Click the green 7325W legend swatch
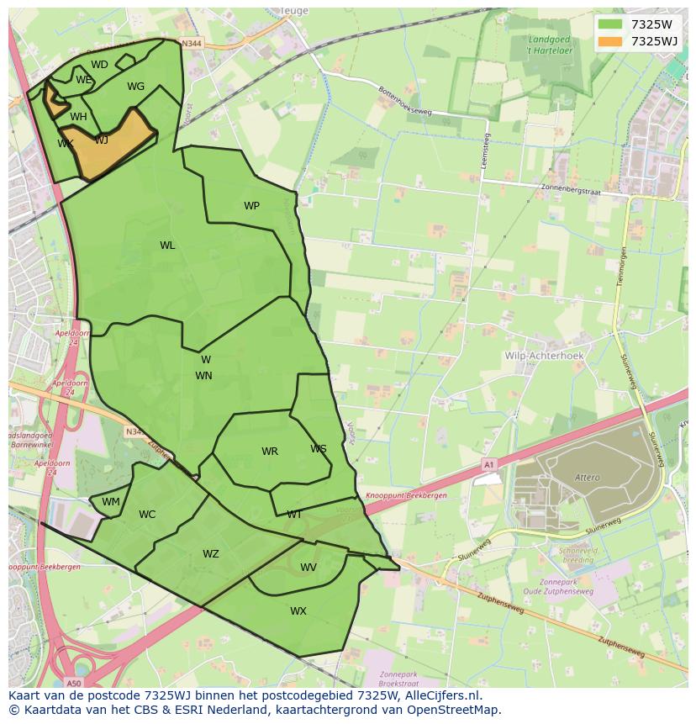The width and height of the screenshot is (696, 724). (610, 24)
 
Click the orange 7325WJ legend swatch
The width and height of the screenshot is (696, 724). (610, 41)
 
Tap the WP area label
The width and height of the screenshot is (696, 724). (251, 206)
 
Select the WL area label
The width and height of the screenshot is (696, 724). (167, 246)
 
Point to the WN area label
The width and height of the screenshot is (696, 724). (203, 376)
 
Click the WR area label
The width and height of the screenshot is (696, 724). (269, 452)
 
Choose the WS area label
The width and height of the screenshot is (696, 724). (318, 449)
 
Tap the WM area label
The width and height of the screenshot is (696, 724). (111, 502)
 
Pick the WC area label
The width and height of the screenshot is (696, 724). (147, 515)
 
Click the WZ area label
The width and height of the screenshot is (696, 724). (210, 554)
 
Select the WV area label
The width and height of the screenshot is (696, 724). (308, 568)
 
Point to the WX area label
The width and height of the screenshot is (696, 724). (298, 611)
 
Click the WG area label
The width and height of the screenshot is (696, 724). (136, 87)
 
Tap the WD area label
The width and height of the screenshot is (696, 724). (99, 65)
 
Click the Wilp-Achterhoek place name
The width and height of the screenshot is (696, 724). (543, 356)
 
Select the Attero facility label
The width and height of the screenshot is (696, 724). (588, 478)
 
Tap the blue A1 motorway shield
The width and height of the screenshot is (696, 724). (488, 463)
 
